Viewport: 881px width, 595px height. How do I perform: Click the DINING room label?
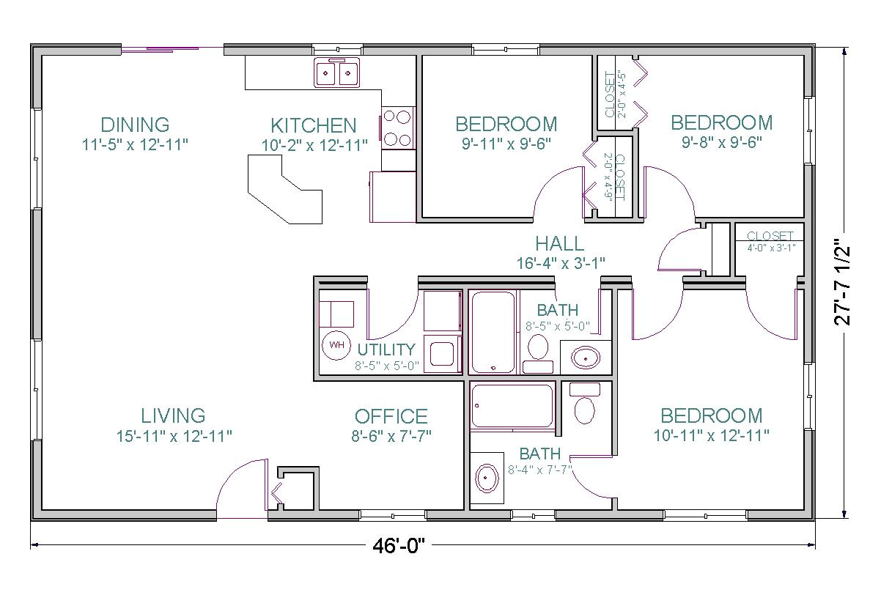point(135,124)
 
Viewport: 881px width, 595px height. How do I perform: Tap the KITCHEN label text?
point(314,125)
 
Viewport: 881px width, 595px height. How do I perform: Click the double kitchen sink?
point(337,73)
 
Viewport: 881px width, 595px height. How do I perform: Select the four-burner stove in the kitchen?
point(397,127)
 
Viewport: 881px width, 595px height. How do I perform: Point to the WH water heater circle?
point(336,344)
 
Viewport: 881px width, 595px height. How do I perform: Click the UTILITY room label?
point(386,350)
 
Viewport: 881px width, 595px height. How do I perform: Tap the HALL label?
point(559,244)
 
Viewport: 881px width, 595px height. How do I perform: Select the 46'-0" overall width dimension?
point(398,546)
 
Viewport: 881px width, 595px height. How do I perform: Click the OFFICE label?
point(391,417)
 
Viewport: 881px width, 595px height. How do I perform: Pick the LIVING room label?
point(173,416)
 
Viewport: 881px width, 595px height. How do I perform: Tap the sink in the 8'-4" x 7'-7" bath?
point(487,478)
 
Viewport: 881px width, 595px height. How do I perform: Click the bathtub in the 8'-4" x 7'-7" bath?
point(513,406)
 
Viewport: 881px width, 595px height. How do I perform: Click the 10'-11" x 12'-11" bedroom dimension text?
point(711,436)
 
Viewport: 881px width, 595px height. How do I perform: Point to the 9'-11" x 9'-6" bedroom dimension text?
point(506,144)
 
